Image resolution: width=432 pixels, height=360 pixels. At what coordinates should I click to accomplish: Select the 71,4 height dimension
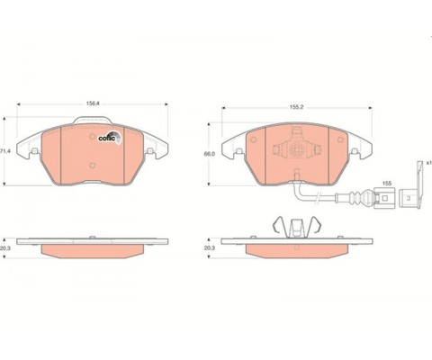coord(5,149)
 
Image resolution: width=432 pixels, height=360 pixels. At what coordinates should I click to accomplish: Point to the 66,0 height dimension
coord(209,155)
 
